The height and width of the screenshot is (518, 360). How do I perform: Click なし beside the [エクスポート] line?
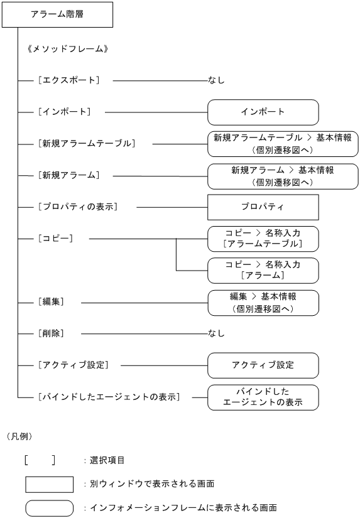[x=215, y=80]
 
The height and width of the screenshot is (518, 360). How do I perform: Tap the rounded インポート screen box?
[x=263, y=112]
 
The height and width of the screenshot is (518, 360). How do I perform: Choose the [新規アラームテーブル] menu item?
[x=85, y=143]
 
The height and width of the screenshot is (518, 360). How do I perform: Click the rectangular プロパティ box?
[x=263, y=207]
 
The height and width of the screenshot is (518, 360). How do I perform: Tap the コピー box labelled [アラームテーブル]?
[x=263, y=239]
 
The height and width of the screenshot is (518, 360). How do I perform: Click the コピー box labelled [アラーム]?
[x=263, y=271]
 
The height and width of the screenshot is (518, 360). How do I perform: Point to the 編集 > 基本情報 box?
[x=263, y=303]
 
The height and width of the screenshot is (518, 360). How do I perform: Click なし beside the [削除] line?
[x=215, y=333]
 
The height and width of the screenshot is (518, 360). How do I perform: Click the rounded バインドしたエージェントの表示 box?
[x=263, y=397]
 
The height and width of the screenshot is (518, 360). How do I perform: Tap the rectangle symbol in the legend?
[x=50, y=484]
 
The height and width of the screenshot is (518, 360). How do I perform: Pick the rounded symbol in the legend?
[x=50, y=507]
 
